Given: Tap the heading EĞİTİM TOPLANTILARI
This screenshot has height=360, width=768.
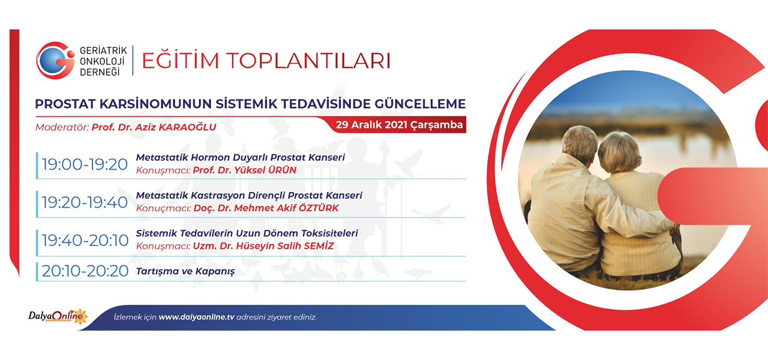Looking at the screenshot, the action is (266, 61).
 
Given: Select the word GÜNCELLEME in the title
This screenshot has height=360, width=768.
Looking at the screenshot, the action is (420, 104).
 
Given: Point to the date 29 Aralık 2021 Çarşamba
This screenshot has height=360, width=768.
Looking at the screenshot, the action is (399, 125).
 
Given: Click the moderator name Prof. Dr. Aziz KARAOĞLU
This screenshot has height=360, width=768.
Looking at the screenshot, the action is (154, 127).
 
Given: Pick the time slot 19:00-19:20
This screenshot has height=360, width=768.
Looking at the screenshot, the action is (85, 164).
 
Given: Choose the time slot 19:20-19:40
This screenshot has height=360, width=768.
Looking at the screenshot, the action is (85, 202).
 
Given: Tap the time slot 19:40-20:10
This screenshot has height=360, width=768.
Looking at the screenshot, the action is (85, 241).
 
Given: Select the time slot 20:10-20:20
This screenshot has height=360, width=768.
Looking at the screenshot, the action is (85, 271).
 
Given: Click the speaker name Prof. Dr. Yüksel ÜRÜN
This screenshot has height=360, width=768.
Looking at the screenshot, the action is (244, 170).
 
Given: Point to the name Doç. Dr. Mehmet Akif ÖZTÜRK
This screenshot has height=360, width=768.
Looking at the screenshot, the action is (266, 208).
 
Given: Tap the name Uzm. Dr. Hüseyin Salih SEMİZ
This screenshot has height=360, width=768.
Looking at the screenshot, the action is (263, 246).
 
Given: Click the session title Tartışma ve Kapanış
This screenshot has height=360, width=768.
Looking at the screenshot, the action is (185, 272).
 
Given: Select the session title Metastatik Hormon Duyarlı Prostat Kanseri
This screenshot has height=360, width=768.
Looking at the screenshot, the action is (241, 157).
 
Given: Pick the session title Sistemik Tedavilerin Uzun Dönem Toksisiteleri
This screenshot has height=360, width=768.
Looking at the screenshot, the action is (247, 233).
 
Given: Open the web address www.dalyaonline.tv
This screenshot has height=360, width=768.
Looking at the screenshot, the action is (196, 317).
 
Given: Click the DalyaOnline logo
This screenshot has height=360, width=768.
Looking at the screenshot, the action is (58, 316).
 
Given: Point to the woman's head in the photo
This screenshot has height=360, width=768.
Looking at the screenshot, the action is (620, 152).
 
